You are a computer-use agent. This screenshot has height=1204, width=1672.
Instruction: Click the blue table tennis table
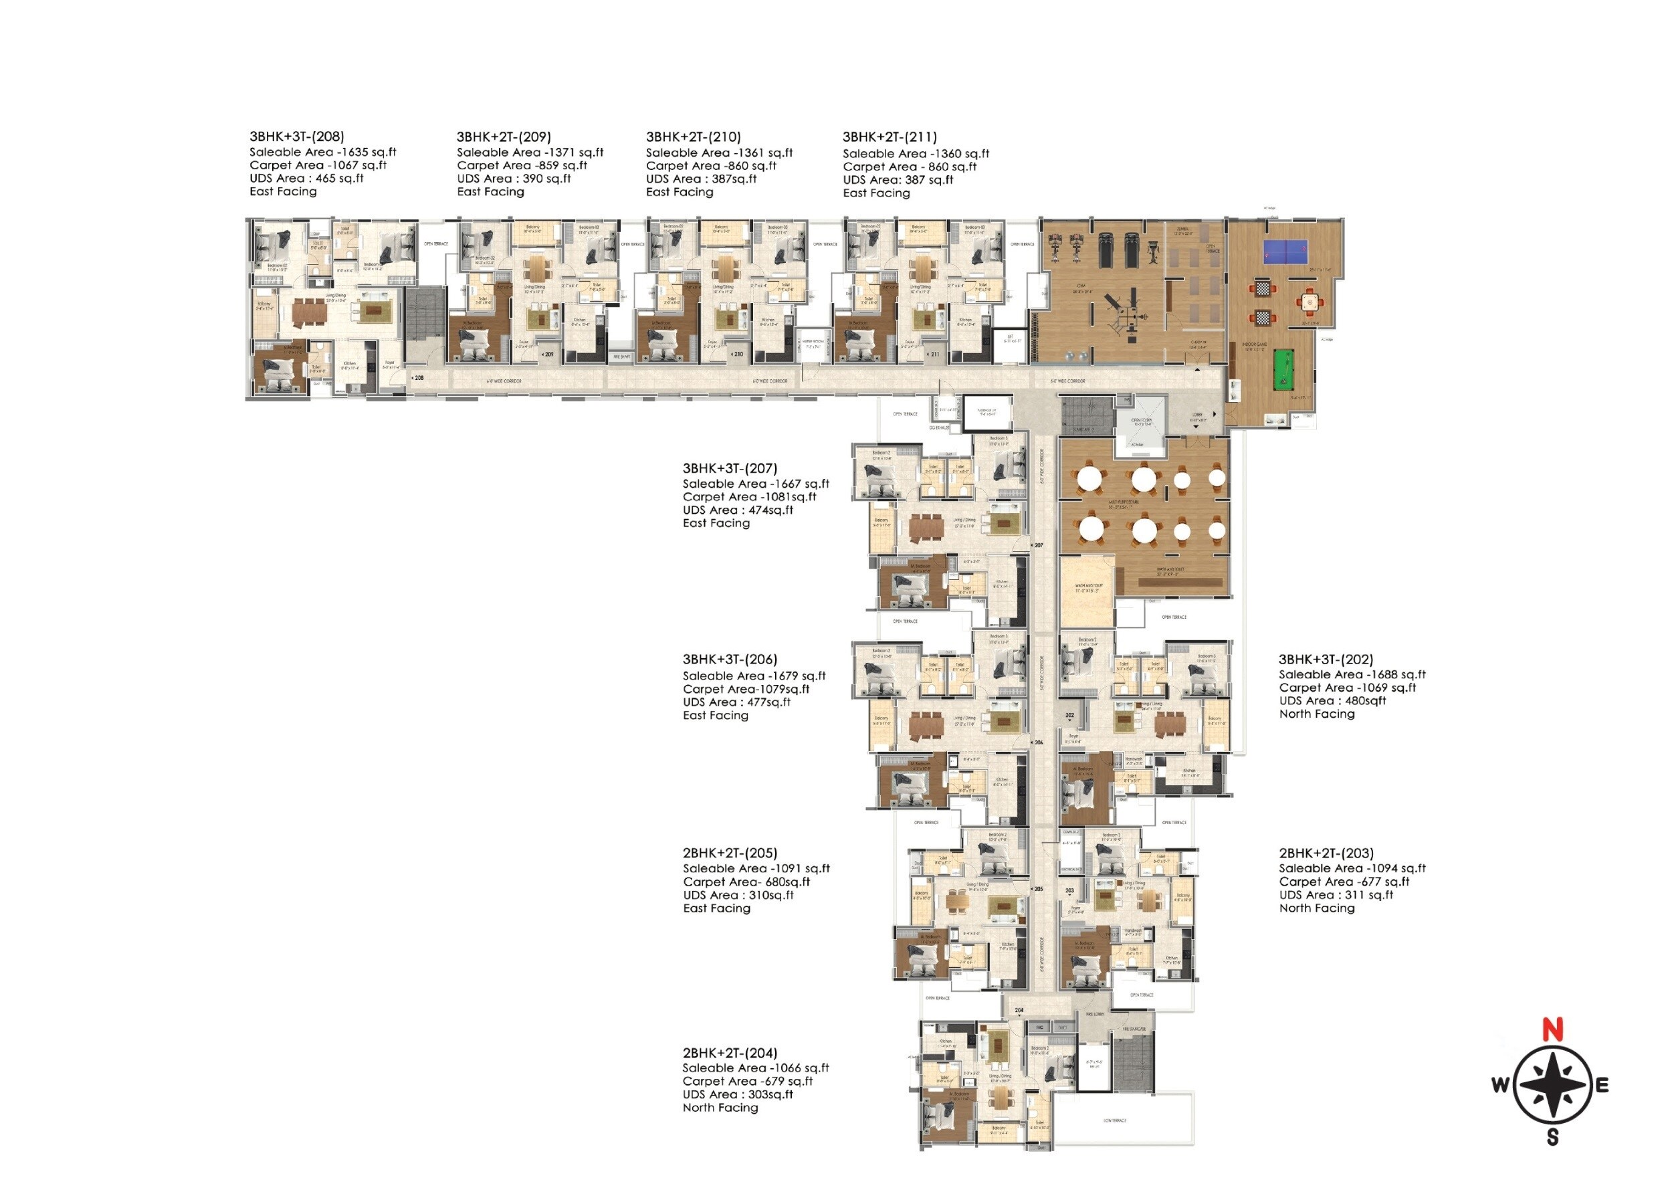point(1285,252)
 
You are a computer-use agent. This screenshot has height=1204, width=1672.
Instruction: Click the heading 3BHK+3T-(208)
point(296,136)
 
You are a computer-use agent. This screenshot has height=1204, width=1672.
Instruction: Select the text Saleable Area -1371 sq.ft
point(529,153)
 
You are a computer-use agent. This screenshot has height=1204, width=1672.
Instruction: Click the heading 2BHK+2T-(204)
point(730,1053)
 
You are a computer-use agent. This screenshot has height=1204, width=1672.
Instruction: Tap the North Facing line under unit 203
point(1317,908)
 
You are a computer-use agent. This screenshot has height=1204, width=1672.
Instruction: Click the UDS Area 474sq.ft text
point(737,510)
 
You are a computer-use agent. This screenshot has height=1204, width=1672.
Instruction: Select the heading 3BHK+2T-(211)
point(890,136)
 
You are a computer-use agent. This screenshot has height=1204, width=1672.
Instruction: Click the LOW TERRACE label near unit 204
point(1115,1120)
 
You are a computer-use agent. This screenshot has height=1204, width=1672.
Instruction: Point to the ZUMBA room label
point(1182,229)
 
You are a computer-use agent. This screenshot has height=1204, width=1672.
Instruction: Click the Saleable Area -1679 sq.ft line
point(754,676)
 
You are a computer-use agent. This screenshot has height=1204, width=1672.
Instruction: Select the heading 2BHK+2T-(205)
point(730,853)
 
